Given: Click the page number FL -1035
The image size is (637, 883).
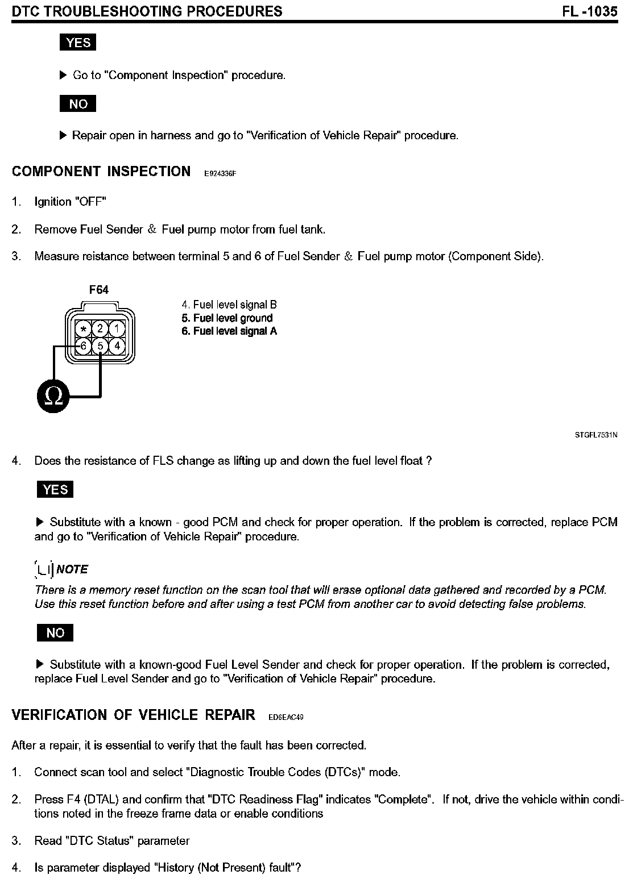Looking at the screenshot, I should pyautogui.click(x=590, y=11).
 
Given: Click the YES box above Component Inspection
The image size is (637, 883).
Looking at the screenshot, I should pyautogui.click(x=78, y=43).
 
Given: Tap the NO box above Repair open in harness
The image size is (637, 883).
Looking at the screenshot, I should pyautogui.click(x=78, y=104).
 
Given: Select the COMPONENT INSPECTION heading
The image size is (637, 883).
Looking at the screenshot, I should pyautogui.click(x=101, y=172).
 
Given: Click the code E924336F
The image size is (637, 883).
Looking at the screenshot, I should pyautogui.click(x=220, y=174).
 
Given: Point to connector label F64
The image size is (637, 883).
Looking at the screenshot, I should pyautogui.click(x=99, y=290).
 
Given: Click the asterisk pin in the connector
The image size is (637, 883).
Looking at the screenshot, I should pyautogui.click(x=84, y=329).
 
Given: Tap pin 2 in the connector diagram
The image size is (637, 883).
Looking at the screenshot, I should pyautogui.click(x=100, y=328).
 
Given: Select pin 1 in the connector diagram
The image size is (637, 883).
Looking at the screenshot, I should pyautogui.click(x=117, y=328).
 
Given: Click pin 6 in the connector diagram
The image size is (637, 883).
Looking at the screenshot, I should pyautogui.click(x=84, y=345).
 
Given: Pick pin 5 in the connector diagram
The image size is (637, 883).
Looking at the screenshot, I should pyautogui.click(x=100, y=345).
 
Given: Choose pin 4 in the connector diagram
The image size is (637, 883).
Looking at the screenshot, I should pyautogui.click(x=117, y=345).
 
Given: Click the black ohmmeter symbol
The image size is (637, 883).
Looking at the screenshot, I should pyautogui.click(x=53, y=395).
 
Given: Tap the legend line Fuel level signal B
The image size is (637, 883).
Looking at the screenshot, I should pyautogui.click(x=229, y=305).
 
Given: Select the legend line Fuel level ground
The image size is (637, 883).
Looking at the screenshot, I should pyautogui.click(x=227, y=318).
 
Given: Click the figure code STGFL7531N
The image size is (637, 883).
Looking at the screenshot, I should pyautogui.click(x=597, y=436).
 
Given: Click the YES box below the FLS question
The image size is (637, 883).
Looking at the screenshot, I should pyautogui.click(x=55, y=490).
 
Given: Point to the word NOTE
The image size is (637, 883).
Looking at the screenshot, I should pyautogui.click(x=72, y=569).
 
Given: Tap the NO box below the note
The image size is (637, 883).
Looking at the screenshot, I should pyautogui.click(x=55, y=633).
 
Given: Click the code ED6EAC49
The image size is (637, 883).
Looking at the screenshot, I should pyautogui.click(x=286, y=718).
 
